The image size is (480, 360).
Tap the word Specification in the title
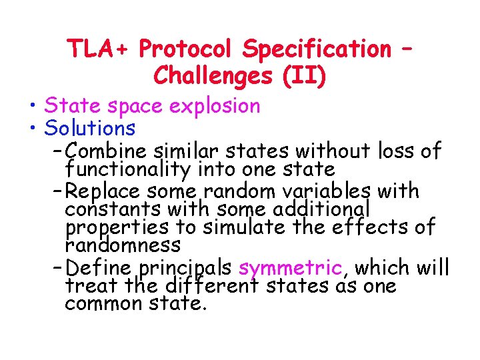(317, 49)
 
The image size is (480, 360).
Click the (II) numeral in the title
(304, 76)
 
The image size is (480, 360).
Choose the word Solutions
(89, 127)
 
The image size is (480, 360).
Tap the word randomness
(123, 245)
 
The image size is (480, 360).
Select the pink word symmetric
(290, 268)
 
